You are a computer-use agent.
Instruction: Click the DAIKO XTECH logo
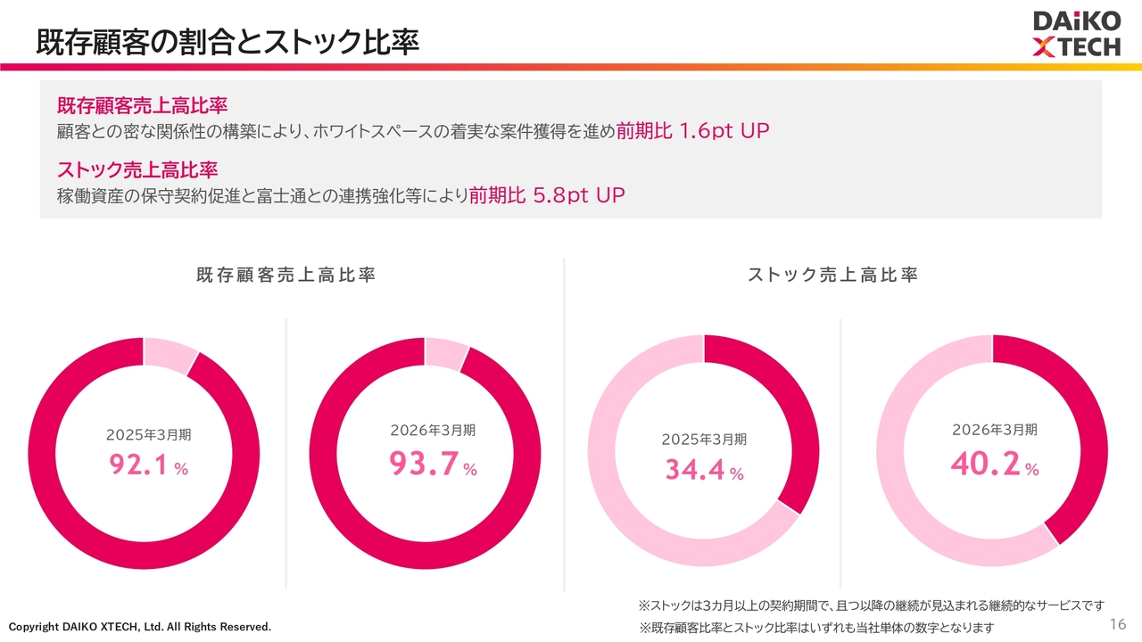coord(1077,34)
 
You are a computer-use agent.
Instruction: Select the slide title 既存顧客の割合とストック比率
coord(228,42)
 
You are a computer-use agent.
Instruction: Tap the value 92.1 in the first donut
coord(138,465)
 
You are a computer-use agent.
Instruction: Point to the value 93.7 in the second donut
coord(423,464)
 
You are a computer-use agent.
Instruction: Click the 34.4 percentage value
coord(694,469)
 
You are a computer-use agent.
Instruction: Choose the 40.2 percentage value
coord(986,464)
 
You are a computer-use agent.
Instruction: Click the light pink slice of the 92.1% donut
coord(170,354)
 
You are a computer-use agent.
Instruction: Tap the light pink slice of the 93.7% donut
coord(447,352)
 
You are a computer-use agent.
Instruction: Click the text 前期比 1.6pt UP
coord(692,131)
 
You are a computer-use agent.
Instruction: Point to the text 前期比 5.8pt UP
coord(547,195)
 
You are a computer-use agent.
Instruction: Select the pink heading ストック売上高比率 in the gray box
coord(137,169)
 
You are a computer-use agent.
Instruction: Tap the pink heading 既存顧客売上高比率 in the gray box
coord(142,105)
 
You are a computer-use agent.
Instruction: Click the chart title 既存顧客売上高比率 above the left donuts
coord(286,276)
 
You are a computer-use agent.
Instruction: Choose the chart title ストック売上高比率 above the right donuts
coord(832,276)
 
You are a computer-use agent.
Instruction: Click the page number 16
coord(1118,624)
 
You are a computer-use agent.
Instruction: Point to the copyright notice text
coord(140,627)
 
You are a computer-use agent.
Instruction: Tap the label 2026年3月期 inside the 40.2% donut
coord(995,430)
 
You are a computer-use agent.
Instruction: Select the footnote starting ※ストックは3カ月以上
coord(872,605)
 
